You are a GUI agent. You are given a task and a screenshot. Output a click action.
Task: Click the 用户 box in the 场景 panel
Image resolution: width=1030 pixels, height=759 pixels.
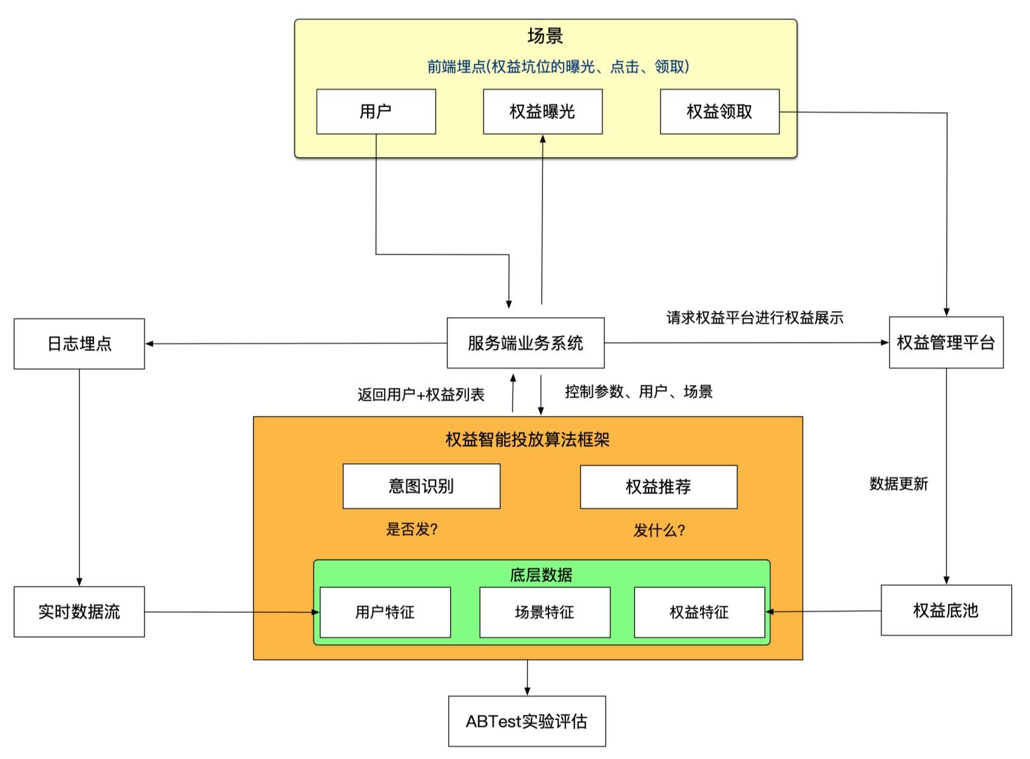(x=375, y=112)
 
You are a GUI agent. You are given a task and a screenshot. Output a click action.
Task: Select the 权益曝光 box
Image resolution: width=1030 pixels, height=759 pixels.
(x=542, y=112)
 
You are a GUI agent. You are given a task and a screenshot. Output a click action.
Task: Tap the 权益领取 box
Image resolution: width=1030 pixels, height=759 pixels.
(x=719, y=112)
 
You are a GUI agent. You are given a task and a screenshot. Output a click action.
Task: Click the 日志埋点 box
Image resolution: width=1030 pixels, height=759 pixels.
(x=79, y=344)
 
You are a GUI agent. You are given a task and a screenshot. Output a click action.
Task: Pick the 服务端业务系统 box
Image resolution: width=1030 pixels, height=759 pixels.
(x=525, y=343)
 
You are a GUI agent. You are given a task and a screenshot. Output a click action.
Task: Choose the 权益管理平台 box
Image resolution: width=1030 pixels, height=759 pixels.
(x=946, y=343)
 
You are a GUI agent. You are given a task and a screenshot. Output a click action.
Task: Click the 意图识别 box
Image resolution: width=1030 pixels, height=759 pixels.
(x=421, y=486)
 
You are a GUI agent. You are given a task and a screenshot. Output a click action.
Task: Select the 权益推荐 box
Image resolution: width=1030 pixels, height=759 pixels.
(x=658, y=487)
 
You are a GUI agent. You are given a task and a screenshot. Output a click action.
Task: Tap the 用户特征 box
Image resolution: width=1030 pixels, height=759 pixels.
(x=385, y=612)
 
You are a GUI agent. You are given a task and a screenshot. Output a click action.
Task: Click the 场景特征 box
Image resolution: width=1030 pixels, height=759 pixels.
(x=544, y=612)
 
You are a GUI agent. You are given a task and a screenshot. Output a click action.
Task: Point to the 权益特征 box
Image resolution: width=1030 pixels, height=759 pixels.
(x=699, y=612)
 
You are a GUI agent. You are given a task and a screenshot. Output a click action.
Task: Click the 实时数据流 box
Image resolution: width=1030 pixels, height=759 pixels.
(x=79, y=612)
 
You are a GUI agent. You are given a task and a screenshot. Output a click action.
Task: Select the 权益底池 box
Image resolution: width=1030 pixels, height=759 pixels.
(x=946, y=610)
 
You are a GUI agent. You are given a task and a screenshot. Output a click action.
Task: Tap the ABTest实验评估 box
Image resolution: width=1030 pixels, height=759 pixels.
(x=527, y=721)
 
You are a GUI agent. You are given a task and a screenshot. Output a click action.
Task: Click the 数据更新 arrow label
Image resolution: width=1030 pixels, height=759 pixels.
(x=898, y=484)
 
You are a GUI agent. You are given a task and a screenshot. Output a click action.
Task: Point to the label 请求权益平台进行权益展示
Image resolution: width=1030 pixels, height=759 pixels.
(x=755, y=318)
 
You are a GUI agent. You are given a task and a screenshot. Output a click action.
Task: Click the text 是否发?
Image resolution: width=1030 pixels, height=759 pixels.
(x=412, y=529)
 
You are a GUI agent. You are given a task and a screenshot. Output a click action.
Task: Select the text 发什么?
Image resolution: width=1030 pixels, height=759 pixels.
(x=659, y=530)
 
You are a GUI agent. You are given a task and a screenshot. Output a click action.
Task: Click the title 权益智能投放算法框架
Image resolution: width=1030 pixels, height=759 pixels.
(x=527, y=440)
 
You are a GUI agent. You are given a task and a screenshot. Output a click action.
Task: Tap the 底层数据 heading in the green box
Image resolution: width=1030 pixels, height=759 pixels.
(x=540, y=575)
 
